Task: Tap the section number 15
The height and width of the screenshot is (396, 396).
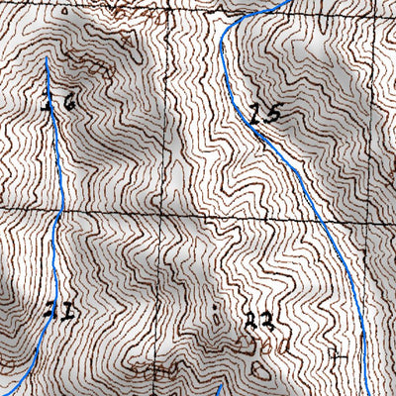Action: click(x=265, y=114)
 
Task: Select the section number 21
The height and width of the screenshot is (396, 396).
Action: click(x=60, y=312)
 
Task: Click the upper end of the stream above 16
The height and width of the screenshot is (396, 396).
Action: click(x=46, y=57)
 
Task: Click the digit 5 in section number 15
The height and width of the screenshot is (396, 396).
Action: click(x=273, y=114)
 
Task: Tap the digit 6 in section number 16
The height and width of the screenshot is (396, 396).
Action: click(x=67, y=101)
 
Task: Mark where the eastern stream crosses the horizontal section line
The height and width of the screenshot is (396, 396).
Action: click(x=315, y=212)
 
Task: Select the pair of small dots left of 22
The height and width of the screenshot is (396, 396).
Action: click(x=217, y=318)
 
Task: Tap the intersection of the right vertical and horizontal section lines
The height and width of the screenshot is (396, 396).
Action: click(x=372, y=213)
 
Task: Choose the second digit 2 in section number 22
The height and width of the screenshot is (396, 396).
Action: click(x=264, y=321)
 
